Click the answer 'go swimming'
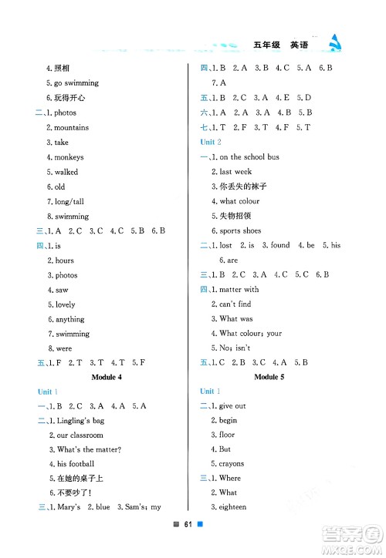tap(76, 83)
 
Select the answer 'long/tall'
tap(71, 202)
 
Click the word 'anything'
tap(69, 319)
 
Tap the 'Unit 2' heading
tap(211, 143)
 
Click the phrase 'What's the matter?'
tap(89, 449)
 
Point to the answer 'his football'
tap(75, 464)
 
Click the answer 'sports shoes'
tap(240, 230)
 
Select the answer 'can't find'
tap(235, 304)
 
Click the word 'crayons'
tap(231, 464)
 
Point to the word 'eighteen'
tap(232, 507)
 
